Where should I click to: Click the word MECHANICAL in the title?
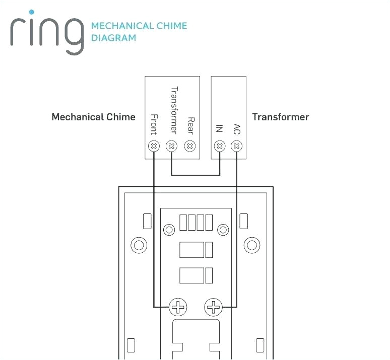click(x=115, y=26)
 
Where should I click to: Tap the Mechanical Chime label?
click(x=93, y=117)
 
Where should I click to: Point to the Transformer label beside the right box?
click(x=280, y=117)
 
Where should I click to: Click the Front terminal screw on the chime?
click(x=154, y=146)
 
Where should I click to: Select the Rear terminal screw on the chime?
click(x=190, y=146)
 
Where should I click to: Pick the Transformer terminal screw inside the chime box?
click(x=172, y=146)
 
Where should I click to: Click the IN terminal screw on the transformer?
click(x=219, y=146)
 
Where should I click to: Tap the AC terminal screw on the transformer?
click(x=237, y=146)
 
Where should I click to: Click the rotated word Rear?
click(x=190, y=125)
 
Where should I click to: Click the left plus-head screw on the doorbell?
click(x=178, y=307)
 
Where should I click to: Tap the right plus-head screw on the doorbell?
click(x=214, y=307)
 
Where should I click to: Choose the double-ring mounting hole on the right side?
click(x=251, y=246)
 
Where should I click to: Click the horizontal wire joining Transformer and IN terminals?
click(x=196, y=175)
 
